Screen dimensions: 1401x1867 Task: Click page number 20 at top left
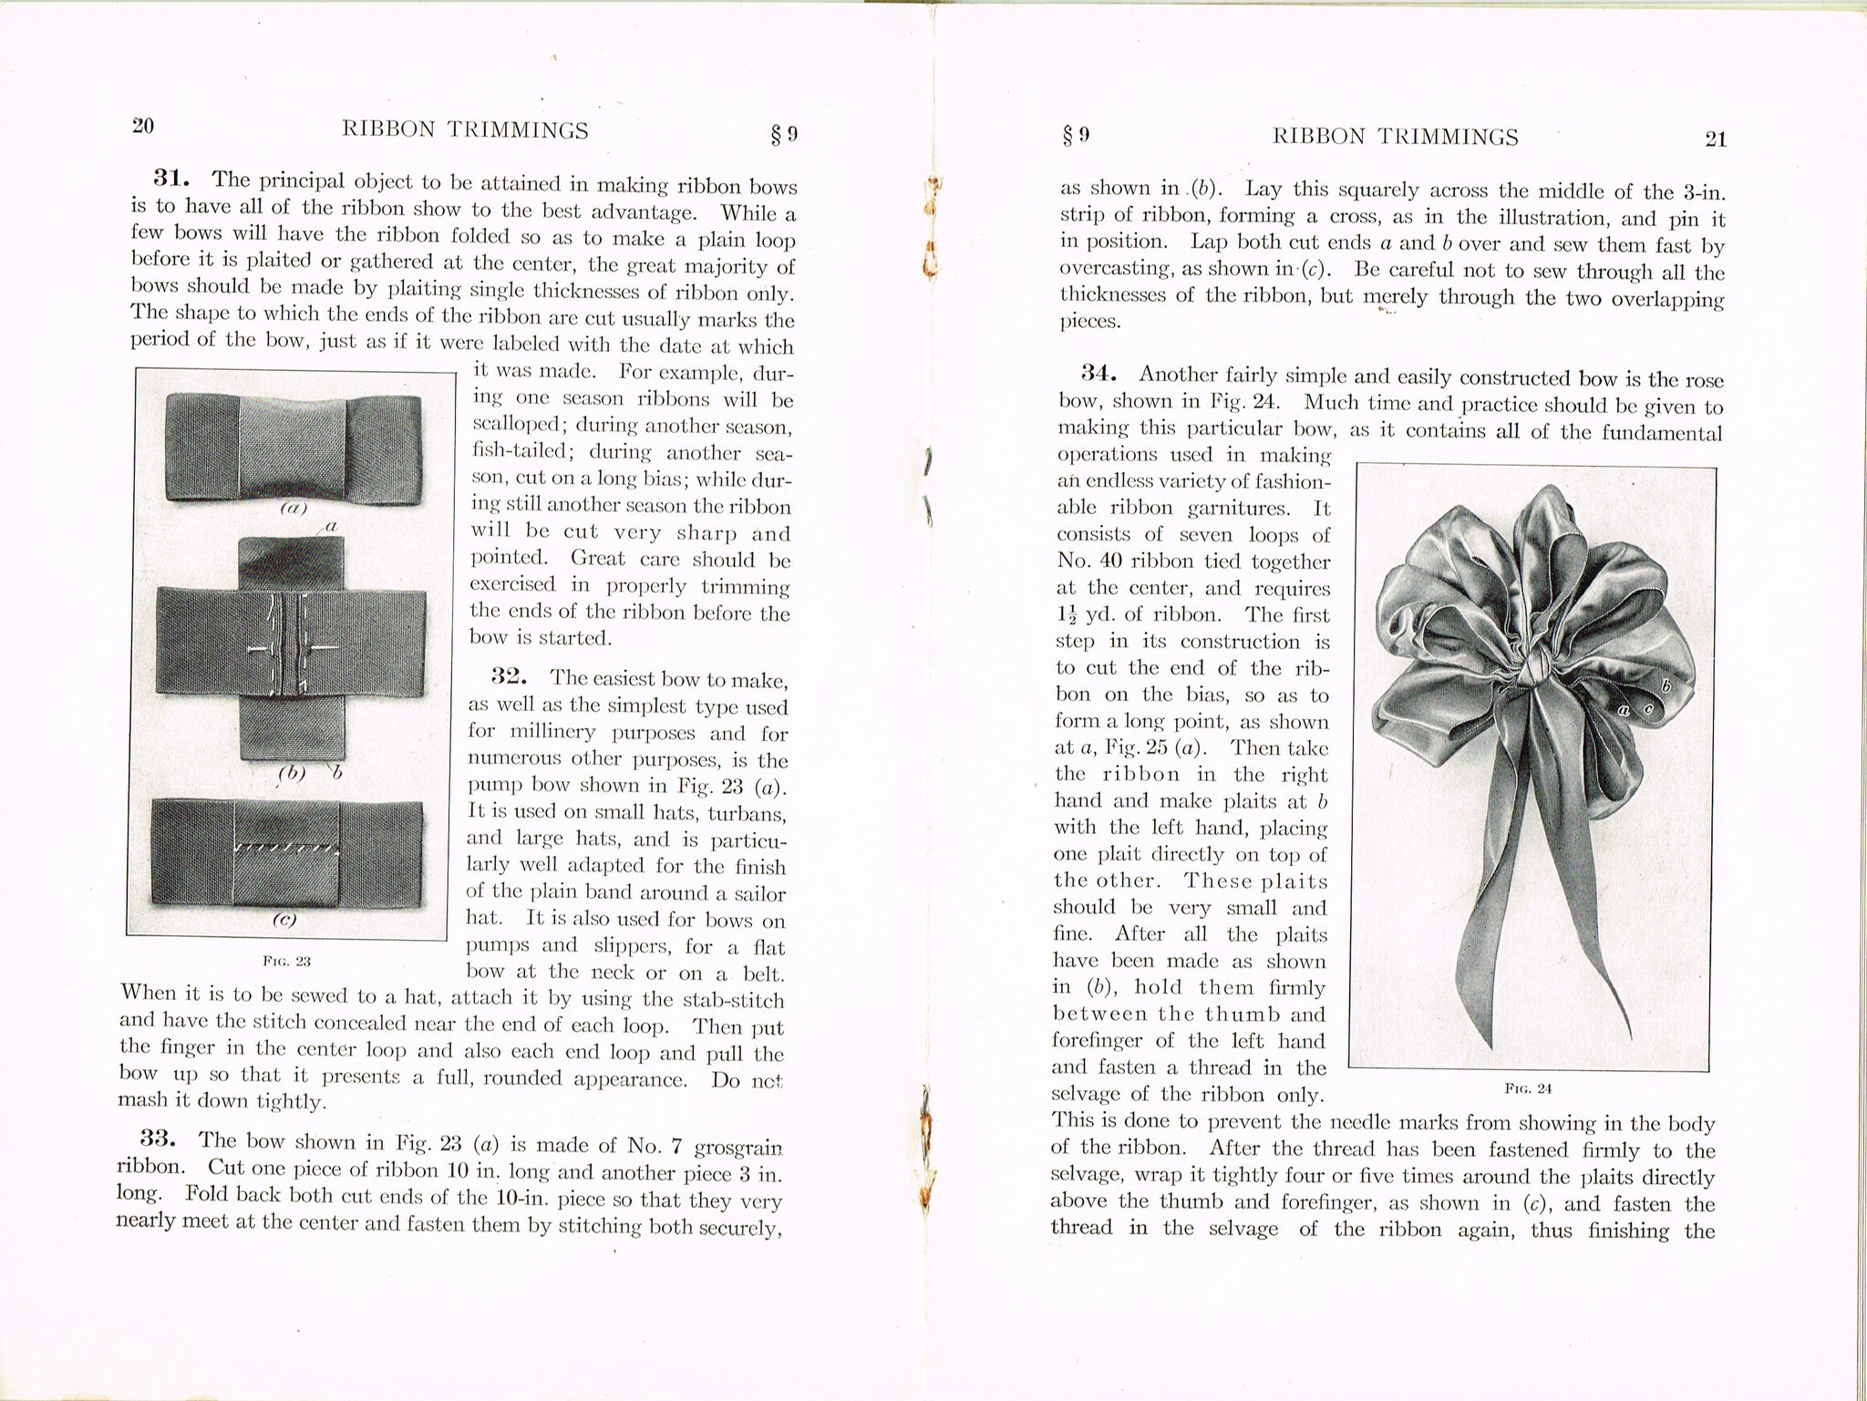pos(142,126)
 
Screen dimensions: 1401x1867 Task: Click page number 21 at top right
pos(1715,139)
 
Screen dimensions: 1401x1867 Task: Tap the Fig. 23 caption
pos(286,961)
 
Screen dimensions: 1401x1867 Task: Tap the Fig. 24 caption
pos(1529,1087)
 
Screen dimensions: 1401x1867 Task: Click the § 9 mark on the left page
pos(784,135)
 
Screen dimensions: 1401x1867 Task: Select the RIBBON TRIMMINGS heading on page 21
pos(1394,138)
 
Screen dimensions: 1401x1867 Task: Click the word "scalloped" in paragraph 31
pos(514,426)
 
